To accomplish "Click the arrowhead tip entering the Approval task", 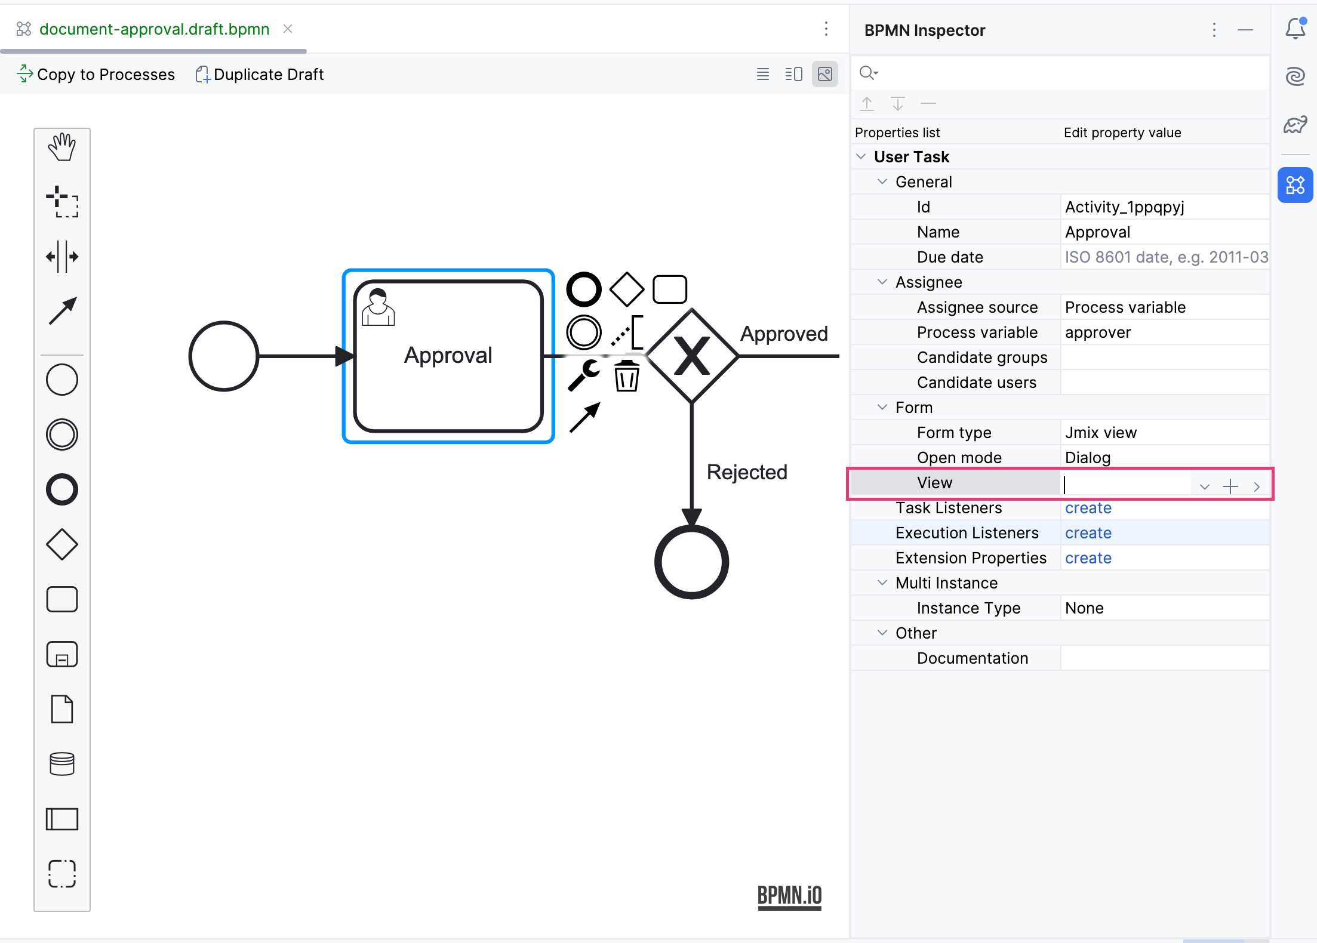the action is coord(355,356).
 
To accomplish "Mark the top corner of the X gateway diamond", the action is coord(692,309).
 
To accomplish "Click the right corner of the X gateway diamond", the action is coord(739,356).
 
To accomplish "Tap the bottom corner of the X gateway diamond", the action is coord(692,403).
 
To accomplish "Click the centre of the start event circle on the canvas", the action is coord(224,356).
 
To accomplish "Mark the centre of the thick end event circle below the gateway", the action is coord(692,562).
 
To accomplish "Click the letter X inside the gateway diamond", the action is coord(692,356).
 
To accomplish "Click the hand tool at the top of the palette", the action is coord(62,147).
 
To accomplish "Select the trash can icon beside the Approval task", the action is coord(627,376).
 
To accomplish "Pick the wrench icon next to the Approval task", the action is coord(584,375).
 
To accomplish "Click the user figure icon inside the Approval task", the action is coord(379,307).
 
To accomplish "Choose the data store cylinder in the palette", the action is coord(62,764).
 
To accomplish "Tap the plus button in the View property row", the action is coord(1230,486).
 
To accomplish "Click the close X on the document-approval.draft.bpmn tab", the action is coord(288,29).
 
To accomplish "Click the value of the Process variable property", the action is coord(1098,332).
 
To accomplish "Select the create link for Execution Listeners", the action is coord(1088,533).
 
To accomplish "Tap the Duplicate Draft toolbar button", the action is coord(260,75).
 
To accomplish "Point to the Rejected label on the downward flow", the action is coord(747,472).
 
